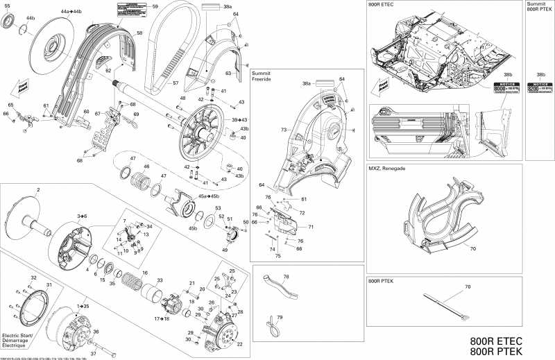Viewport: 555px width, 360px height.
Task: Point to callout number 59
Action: [155, 6]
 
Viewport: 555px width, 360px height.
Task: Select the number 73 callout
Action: [284, 130]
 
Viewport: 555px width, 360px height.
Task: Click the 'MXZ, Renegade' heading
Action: [386, 169]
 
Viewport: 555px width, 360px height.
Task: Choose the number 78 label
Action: [285, 277]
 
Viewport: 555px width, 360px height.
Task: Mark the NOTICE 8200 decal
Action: [540, 89]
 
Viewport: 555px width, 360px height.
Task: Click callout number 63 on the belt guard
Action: [228, 72]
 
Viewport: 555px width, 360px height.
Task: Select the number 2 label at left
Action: [38, 189]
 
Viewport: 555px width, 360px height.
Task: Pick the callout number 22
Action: [239, 344]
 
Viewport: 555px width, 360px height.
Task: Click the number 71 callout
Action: [311, 227]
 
